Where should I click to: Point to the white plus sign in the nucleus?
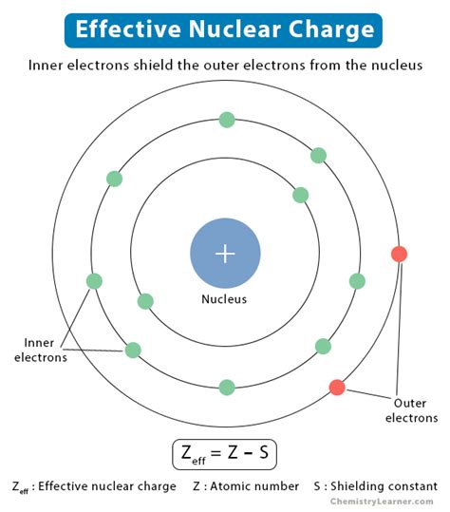[225, 254]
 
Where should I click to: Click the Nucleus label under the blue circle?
[225, 299]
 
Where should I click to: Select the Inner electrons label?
[39, 350]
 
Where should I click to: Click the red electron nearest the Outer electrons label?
[336, 387]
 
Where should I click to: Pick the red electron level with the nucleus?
[399, 254]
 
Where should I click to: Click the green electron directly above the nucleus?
[226, 120]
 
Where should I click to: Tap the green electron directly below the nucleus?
[226, 387]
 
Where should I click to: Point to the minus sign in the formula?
[249, 454]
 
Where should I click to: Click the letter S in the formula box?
[264, 453]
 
